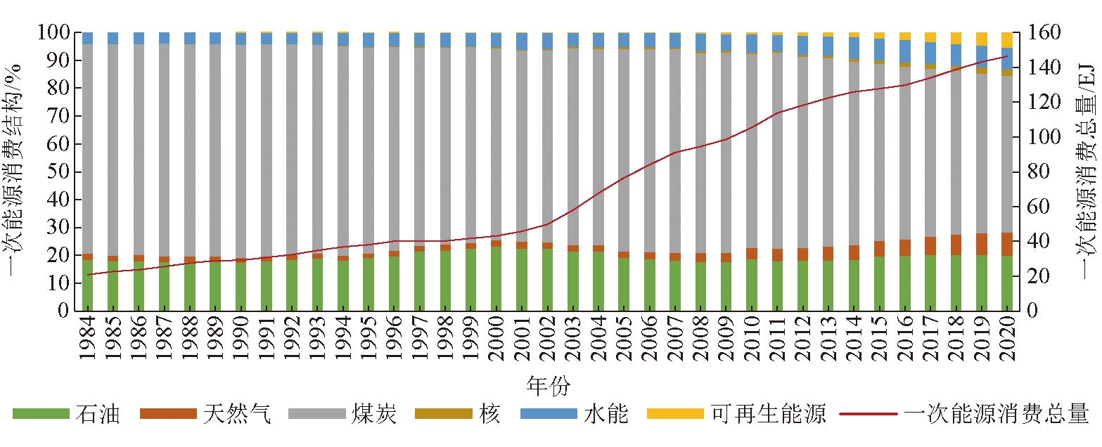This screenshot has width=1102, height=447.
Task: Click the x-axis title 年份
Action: [x=548, y=385]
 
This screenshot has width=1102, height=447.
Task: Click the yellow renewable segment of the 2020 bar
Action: [x=1007, y=40]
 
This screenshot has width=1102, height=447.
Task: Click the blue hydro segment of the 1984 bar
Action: [x=88, y=38]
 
